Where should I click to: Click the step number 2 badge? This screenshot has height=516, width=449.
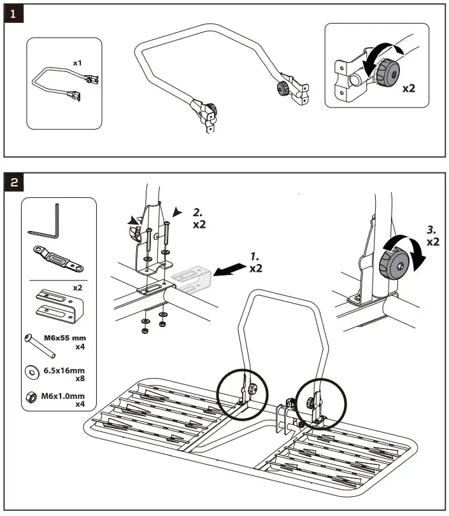click(14, 182)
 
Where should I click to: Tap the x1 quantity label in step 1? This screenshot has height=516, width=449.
click(77, 63)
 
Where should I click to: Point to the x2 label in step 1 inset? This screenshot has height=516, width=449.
click(409, 89)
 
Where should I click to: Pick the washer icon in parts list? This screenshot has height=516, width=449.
click(30, 371)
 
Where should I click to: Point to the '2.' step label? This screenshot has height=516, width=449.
click(199, 214)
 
